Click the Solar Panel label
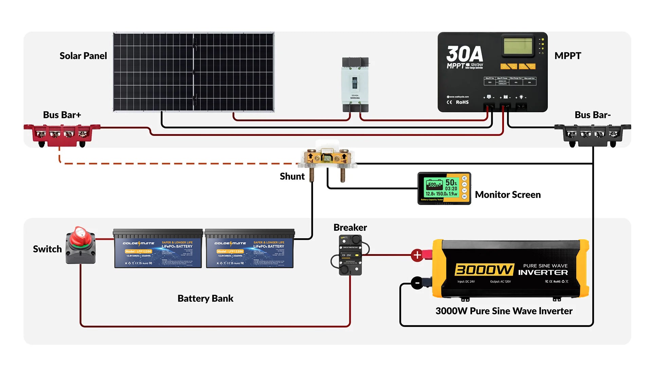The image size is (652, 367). point(83,56)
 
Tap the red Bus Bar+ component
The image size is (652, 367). point(62,134)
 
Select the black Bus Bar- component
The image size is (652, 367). point(593,134)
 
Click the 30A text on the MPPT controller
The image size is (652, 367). point(464,54)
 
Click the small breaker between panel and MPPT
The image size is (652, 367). point(355,84)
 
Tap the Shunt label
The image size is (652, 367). point(292,176)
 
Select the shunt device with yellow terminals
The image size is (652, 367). point(327,158)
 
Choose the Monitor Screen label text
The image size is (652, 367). point(508,195)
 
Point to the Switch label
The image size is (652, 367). point(47,249)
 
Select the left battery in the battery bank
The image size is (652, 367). point(158,249)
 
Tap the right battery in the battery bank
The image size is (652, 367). point(250,249)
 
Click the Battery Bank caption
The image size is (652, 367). point(205,298)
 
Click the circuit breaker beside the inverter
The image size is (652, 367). point(350,255)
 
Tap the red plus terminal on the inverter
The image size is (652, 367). point(417,255)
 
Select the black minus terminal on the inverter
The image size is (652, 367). point(417,283)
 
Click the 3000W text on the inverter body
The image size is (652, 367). point(484,270)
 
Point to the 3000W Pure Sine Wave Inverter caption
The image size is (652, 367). point(504,311)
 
